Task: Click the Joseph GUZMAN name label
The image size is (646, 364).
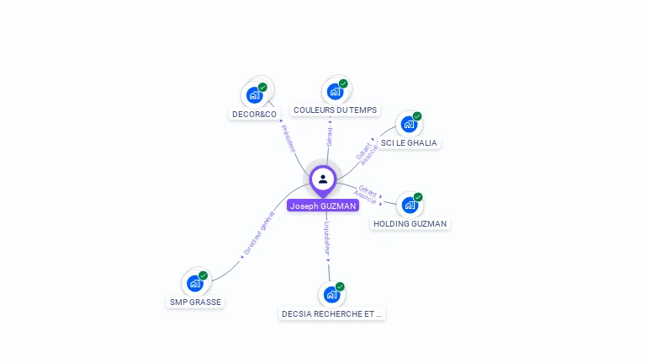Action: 323,206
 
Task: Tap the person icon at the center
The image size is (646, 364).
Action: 323,179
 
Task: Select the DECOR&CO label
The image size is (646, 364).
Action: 254,114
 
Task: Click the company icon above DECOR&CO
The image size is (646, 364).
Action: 254,95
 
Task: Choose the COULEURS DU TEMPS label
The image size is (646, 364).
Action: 335,110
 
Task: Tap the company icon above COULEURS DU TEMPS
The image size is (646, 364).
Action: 335,92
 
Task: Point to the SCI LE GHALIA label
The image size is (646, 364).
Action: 409,142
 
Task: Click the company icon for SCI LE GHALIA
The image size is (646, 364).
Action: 409,125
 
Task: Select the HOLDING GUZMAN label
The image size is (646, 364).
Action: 410,223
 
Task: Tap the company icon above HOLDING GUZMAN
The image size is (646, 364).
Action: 410,205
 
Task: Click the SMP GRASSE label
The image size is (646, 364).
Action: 195,302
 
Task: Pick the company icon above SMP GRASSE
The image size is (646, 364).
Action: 195,283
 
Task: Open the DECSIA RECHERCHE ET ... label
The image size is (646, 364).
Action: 331,313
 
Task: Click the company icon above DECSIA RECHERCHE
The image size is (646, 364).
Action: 331,295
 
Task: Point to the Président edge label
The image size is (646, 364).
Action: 288,139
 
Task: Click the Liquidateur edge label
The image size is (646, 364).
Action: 327,238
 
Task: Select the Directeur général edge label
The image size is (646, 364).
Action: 258,233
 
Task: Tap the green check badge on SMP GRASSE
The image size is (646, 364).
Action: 204,276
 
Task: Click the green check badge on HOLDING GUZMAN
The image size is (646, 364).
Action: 418,197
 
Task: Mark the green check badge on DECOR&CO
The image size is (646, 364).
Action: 262,87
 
